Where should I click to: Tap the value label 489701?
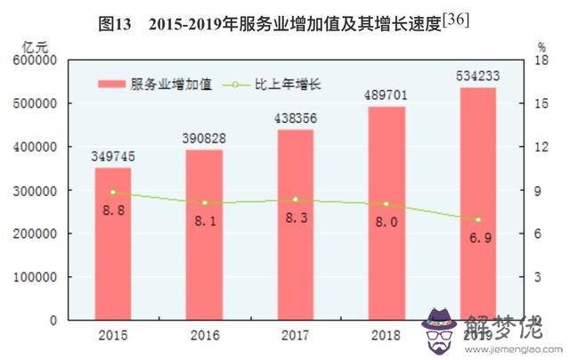point(387,96)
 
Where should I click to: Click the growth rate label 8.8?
point(113,211)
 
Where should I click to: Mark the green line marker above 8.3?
point(296,200)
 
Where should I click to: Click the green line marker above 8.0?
point(387,204)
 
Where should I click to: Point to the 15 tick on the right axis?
point(541,103)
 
